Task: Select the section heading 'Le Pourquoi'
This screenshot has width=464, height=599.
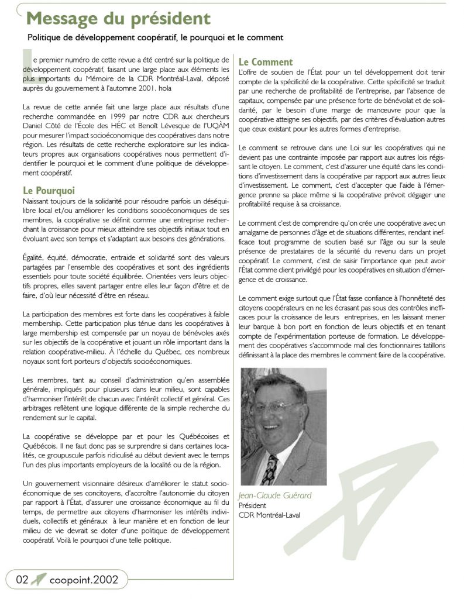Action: [49, 191]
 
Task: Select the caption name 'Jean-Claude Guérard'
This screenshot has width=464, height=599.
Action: [275, 495]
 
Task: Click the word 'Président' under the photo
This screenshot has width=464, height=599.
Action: [252, 505]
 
